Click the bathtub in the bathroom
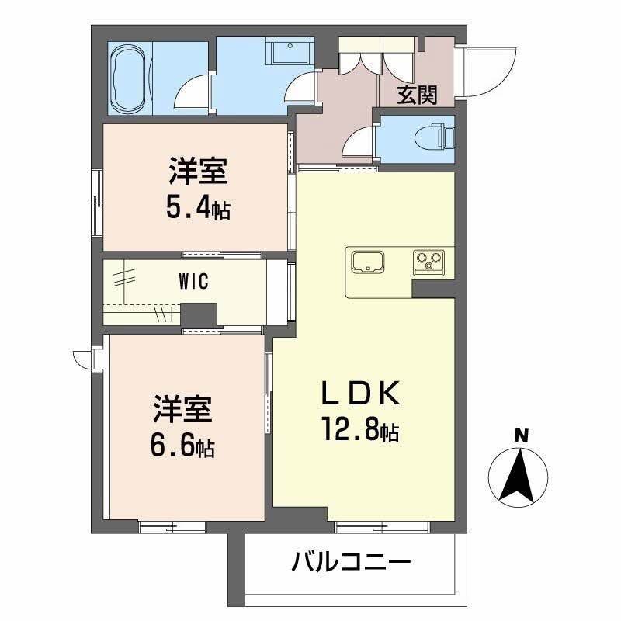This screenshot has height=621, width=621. coord(130,78)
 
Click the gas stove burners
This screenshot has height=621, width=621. coord(427,262)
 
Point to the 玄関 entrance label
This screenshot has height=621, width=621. coord(417,95)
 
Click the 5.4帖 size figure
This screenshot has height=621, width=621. coord(197,207)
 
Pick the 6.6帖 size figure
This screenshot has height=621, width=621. coord(182,445)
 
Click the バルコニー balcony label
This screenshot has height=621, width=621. coord(351,561)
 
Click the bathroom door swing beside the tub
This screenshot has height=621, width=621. coord(192,92)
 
